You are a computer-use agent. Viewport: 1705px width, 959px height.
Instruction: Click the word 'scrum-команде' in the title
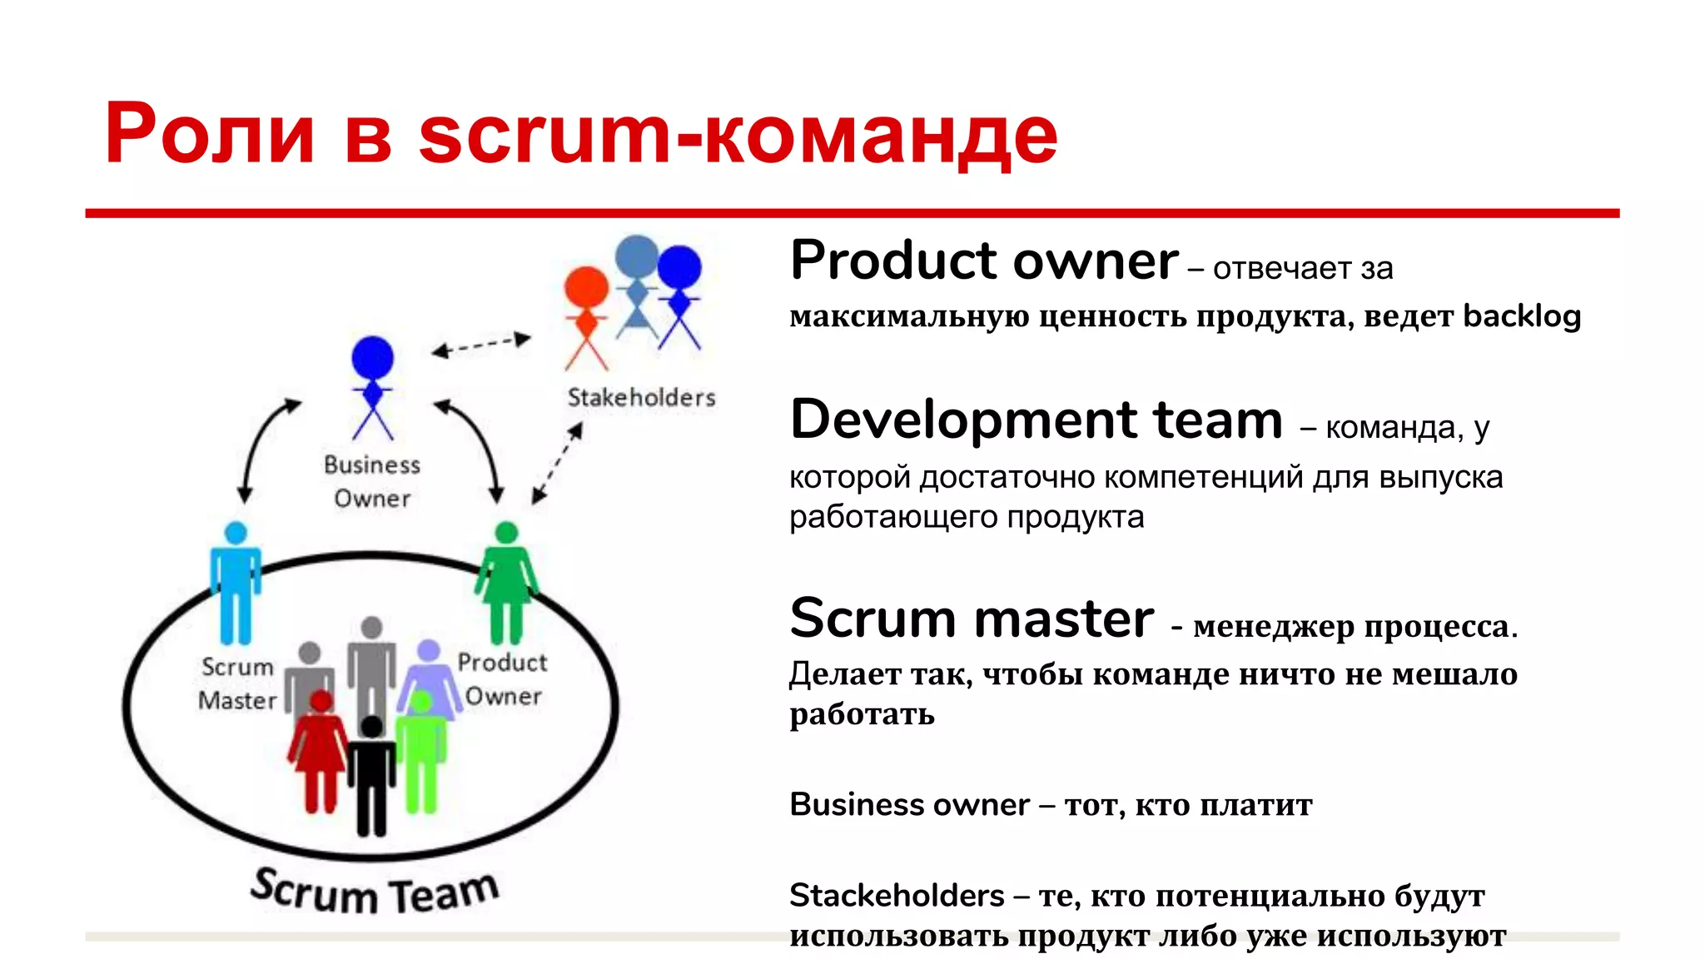tap(738, 135)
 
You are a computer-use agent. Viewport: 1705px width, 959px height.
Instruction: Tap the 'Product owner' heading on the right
tap(984, 261)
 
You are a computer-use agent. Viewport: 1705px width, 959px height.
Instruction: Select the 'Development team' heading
tap(1036, 420)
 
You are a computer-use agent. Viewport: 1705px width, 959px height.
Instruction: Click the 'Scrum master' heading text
tap(972, 619)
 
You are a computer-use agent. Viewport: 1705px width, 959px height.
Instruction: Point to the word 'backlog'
tap(1522, 316)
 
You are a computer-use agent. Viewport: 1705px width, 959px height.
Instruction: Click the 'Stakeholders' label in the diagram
tap(641, 398)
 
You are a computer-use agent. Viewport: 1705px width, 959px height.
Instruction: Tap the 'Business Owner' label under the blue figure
tap(372, 481)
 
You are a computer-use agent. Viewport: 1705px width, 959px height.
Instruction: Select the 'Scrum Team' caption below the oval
tap(375, 891)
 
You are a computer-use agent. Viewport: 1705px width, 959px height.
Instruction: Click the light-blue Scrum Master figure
tap(236, 583)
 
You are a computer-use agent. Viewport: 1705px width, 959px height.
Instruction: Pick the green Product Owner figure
tap(506, 583)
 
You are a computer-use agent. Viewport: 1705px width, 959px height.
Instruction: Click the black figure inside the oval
tap(371, 774)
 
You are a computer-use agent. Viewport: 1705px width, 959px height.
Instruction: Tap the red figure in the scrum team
tap(320, 753)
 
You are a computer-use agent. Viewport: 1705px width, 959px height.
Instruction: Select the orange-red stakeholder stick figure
tap(587, 316)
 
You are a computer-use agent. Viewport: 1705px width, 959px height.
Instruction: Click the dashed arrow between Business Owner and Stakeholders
tap(481, 345)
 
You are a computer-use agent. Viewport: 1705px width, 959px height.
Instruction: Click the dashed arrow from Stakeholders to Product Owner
tap(558, 463)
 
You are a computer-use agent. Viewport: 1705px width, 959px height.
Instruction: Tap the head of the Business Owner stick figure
tap(372, 357)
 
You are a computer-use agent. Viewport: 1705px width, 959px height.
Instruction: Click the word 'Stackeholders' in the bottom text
tap(897, 896)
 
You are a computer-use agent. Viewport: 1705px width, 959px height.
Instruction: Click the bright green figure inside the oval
tap(421, 753)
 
